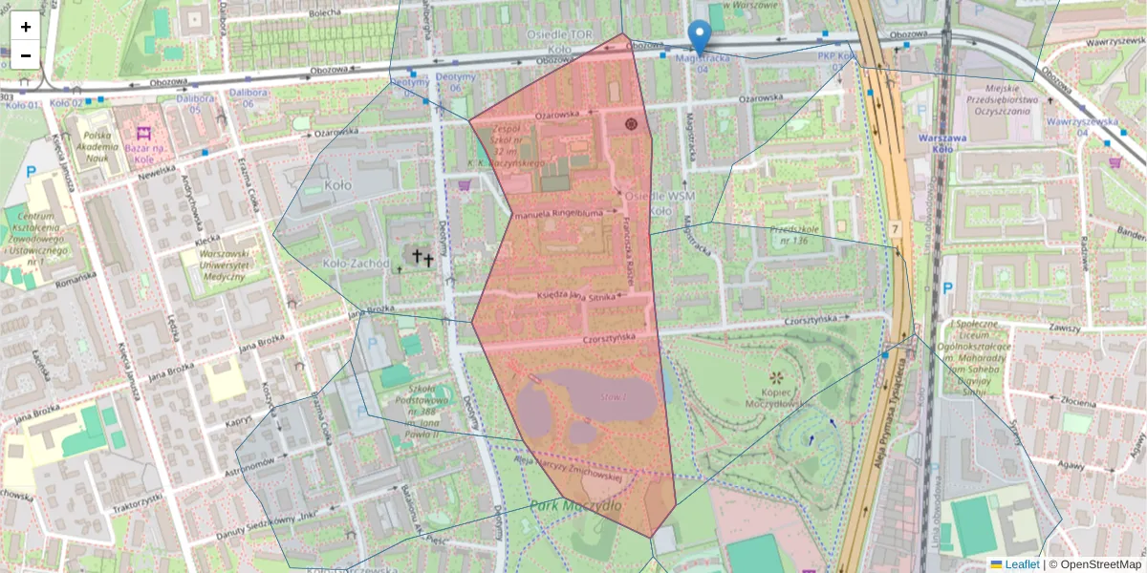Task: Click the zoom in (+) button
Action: pyautogui.click(x=26, y=27)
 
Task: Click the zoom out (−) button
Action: pyautogui.click(x=26, y=55)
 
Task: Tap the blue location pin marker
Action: pyautogui.click(x=700, y=37)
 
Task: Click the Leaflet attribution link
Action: pyautogui.click(x=1021, y=564)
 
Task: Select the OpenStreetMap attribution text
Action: pyautogui.click(x=1099, y=564)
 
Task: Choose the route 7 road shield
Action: pyautogui.click(x=896, y=229)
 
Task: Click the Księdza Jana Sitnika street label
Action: pyautogui.click(x=573, y=297)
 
